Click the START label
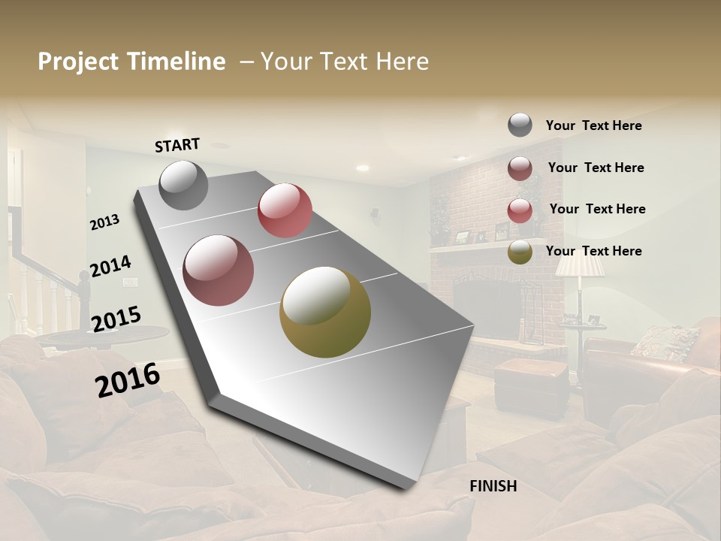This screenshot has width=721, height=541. click(x=177, y=145)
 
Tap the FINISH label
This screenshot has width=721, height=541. click(x=493, y=486)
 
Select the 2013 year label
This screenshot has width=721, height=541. click(x=104, y=222)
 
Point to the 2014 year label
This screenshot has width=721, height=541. click(x=110, y=267)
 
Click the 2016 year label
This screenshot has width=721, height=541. click(x=128, y=380)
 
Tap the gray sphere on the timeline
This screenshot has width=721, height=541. click(x=183, y=185)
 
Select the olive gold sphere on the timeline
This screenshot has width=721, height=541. click(x=325, y=312)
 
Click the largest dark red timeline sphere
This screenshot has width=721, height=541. click(x=218, y=270)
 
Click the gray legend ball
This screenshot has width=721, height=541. click(x=520, y=125)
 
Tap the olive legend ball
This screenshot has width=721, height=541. click(x=520, y=252)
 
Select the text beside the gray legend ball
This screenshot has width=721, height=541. click(x=593, y=125)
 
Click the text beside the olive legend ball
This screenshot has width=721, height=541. click(x=593, y=251)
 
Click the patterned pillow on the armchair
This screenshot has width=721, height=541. click(x=665, y=342)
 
